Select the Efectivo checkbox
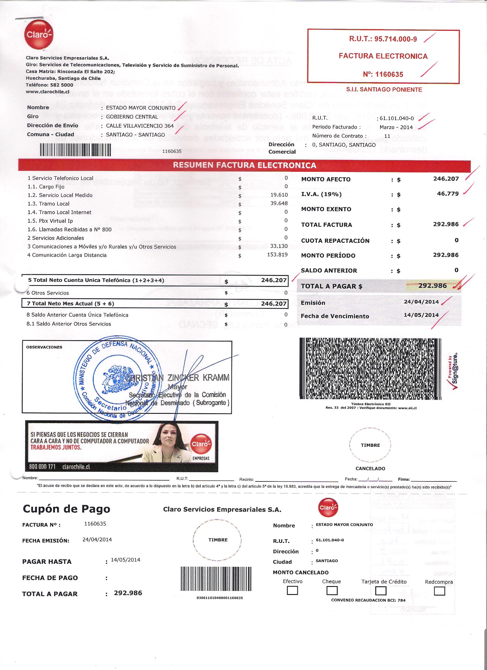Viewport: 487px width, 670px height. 292,591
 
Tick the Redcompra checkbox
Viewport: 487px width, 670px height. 439,591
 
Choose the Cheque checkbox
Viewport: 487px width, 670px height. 332,591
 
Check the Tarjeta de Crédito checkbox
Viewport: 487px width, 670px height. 381,591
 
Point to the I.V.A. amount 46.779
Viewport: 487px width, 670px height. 448,194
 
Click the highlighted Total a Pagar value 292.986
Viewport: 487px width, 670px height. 432,286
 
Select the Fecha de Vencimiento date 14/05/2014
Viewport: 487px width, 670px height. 421,315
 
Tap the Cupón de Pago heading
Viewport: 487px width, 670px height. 66,509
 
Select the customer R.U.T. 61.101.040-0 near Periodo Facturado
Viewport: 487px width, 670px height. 397,118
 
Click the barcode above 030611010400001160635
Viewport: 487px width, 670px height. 215,579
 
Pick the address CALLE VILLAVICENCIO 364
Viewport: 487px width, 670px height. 140,126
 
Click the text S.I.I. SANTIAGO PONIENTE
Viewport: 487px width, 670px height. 384,89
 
